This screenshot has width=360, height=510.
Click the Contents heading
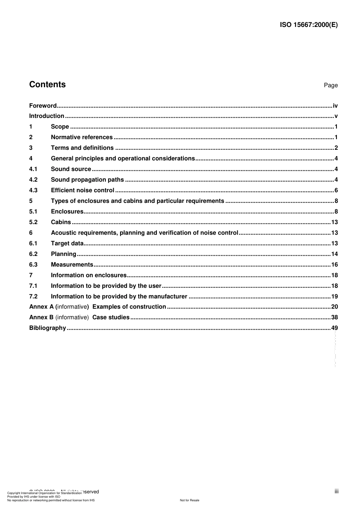[47, 84]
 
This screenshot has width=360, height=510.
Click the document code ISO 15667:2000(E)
[308, 25]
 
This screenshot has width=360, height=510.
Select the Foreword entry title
[43, 106]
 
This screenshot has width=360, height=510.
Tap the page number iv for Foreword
[335, 106]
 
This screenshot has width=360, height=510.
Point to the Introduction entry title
[47, 116]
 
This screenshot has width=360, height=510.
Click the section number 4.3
[33, 190]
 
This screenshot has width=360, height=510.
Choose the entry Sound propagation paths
[87, 180]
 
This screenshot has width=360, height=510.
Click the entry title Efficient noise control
[82, 190]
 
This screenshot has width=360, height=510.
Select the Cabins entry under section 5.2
[61, 222]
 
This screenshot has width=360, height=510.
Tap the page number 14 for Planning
[334, 254]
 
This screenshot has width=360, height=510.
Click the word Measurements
[72, 265]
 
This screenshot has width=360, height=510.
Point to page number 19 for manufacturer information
[334, 297]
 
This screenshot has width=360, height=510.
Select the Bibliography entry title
[47, 328]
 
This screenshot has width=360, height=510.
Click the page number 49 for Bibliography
[334, 328]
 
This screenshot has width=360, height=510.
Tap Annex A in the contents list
[42, 307]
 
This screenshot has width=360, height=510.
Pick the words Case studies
[111, 317]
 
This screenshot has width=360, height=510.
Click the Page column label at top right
[330, 85]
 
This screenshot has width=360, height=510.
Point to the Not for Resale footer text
[189, 500]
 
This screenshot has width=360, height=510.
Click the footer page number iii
[337, 491]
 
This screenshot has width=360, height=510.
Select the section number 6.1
[33, 243]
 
